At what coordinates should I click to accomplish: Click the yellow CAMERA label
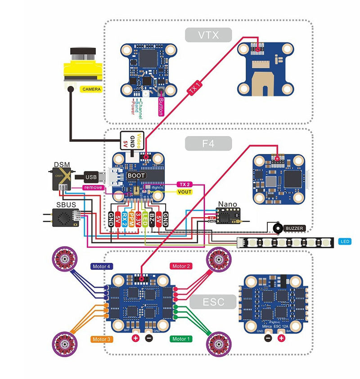pos(91,89)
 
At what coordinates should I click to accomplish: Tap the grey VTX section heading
pos(208,35)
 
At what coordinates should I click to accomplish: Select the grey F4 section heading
pos(208,144)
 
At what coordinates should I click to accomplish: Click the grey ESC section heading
pos(213,302)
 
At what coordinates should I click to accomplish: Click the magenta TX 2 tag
pos(183,185)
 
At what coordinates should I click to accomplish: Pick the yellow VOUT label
pos(184,192)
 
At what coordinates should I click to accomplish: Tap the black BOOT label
pos(136,175)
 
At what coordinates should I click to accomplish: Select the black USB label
pos(91,177)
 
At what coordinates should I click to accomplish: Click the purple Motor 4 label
pos(101,266)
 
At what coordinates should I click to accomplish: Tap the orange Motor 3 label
pos(101,339)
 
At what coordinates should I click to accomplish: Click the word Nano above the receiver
pos(227,204)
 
